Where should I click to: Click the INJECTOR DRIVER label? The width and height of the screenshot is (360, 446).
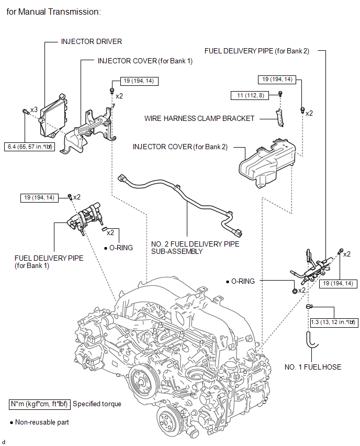tap(91, 41)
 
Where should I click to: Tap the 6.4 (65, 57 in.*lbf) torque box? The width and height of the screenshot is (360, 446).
tap(30, 147)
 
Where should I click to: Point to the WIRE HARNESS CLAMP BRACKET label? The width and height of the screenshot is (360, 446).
tap(199, 118)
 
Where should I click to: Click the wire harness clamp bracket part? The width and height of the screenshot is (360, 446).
tap(280, 117)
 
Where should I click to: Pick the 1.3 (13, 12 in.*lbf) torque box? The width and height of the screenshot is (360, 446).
tap(333, 322)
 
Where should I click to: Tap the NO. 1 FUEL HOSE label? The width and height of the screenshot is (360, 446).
tap(313, 367)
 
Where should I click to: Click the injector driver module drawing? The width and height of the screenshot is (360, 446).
tap(53, 116)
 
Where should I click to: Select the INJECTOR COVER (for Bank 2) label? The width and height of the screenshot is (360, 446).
tap(180, 147)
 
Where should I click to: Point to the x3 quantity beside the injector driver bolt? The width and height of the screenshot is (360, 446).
tap(34, 109)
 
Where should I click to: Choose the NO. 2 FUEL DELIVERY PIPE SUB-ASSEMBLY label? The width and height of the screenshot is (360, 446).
tap(195, 248)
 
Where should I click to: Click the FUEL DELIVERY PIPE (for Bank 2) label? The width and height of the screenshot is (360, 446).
tap(257, 51)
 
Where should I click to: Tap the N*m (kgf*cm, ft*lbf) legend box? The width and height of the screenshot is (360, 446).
tap(40, 404)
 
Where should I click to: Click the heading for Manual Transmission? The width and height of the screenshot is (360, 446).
tap(53, 12)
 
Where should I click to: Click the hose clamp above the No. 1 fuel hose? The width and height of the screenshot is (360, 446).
tap(309, 307)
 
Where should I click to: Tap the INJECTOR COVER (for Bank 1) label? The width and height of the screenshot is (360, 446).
tap(145, 61)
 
